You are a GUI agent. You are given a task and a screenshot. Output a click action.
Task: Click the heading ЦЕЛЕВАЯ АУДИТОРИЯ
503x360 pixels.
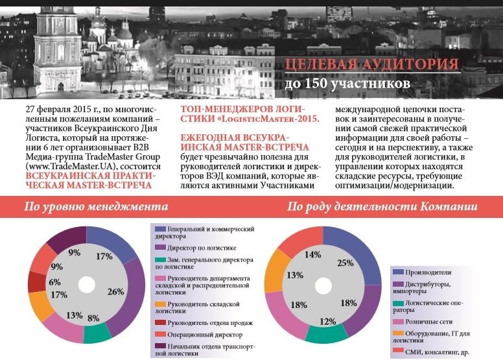[372, 65]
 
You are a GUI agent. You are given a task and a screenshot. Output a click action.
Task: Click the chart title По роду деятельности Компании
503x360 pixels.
[382, 207]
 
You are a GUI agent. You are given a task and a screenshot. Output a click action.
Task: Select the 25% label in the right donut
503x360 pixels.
[345, 263]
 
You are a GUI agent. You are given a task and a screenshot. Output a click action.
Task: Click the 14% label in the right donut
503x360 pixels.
[314, 255]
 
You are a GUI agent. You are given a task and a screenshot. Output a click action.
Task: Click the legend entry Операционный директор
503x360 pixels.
[196, 335]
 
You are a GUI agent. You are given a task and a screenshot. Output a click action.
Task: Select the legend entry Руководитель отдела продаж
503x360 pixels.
[205, 322]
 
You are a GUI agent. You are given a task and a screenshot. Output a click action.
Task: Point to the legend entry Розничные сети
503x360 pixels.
[428, 320]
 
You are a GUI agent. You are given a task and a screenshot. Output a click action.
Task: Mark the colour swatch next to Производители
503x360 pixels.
[397, 272]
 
